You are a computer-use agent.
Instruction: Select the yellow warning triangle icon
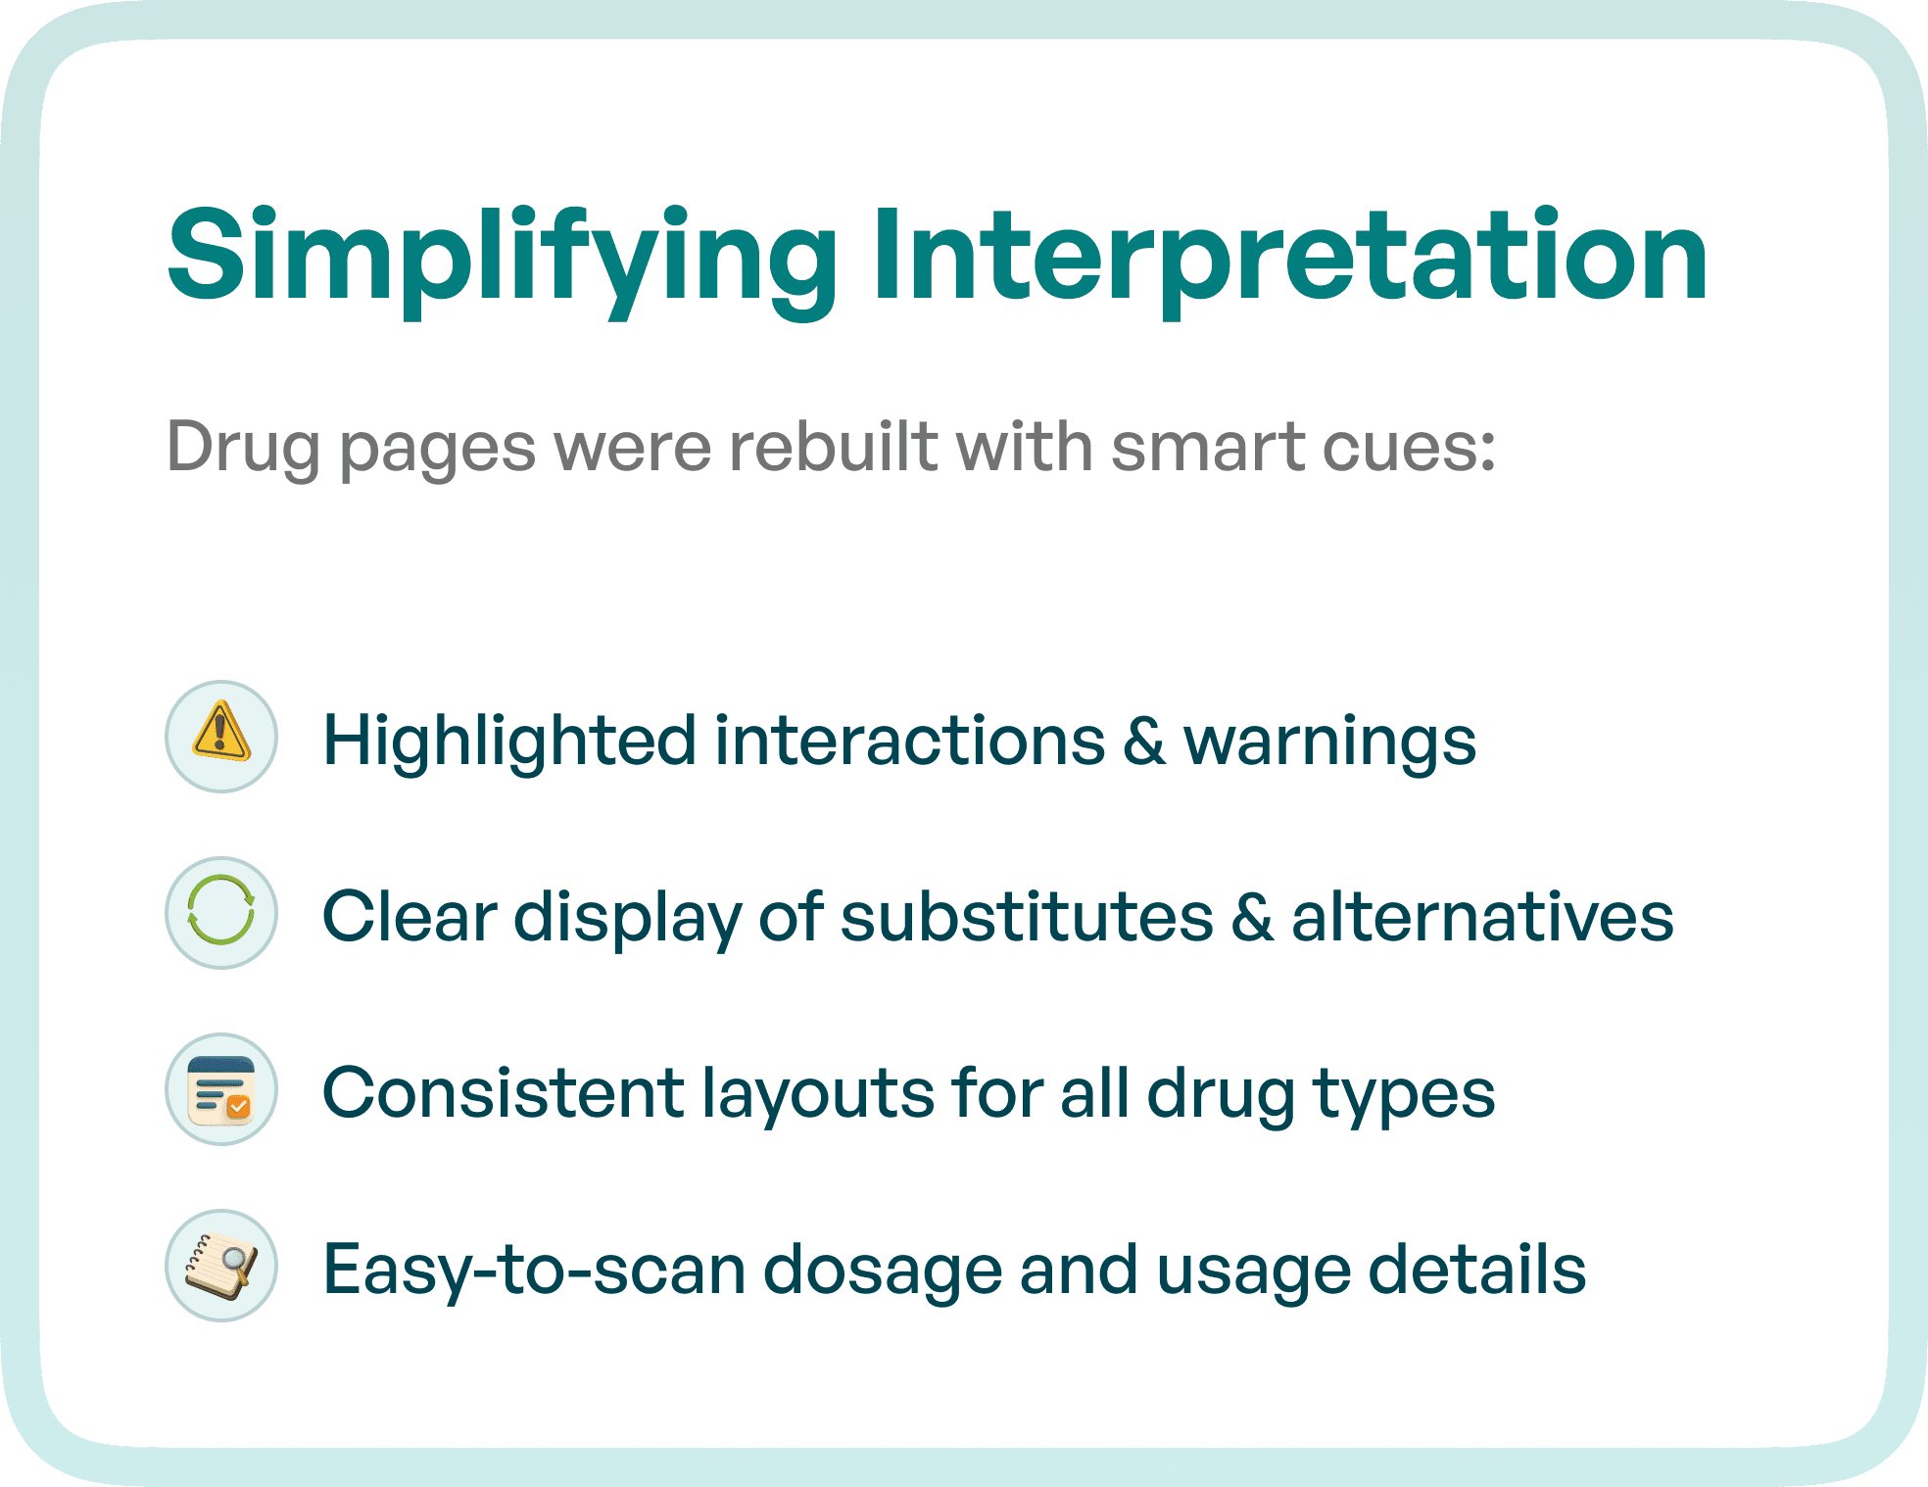coord(221,736)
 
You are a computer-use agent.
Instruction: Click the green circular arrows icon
coord(221,912)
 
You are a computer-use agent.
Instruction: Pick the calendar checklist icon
coord(221,1089)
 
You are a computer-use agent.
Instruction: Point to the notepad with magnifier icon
coord(221,1266)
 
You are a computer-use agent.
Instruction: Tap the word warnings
coord(1329,741)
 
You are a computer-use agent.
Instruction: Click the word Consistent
coord(504,1093)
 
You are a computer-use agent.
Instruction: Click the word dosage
coord(882,1270)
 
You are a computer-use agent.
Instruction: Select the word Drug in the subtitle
coord(243,449)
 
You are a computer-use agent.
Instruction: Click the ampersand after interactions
coord(1144,741)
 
